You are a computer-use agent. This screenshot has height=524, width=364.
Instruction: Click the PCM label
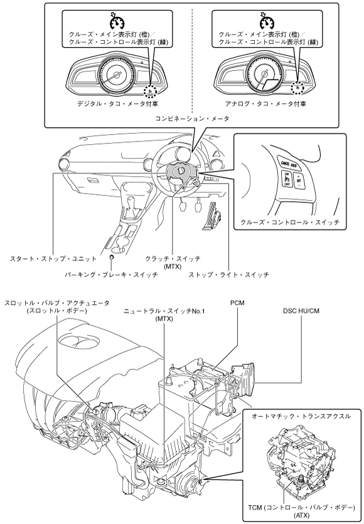tap(237, 303)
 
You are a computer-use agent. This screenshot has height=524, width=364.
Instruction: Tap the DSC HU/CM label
tap(301, 311)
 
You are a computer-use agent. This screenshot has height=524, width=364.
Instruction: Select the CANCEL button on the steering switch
tap(285, 164)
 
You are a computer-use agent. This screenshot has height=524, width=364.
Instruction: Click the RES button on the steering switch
tap(294, 165)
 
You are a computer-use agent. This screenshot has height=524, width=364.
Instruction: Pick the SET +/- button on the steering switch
tap(299, 180)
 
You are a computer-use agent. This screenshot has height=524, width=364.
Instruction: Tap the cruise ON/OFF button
tap(287, 179)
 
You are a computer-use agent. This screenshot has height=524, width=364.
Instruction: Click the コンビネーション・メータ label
tap(192, 118)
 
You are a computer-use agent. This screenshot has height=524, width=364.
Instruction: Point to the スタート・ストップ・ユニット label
tap(53, 258)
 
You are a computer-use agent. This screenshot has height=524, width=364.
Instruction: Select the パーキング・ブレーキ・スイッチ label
tap(111, 275)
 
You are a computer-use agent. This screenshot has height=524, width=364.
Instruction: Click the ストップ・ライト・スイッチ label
tap(228, 275)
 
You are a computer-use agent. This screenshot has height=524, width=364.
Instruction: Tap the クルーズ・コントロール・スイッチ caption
tap(290, 222)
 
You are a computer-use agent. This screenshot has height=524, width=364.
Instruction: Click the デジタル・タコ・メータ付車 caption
tap(117, 103)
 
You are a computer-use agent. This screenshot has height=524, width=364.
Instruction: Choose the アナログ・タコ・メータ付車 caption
tap(265, 103)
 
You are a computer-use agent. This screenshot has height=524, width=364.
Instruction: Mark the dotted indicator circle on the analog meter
tap(297, 87)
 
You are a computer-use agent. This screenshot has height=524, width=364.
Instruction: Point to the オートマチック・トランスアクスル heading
tap(301, 416)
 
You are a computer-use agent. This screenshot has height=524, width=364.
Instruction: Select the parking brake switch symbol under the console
tap(112, 256)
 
